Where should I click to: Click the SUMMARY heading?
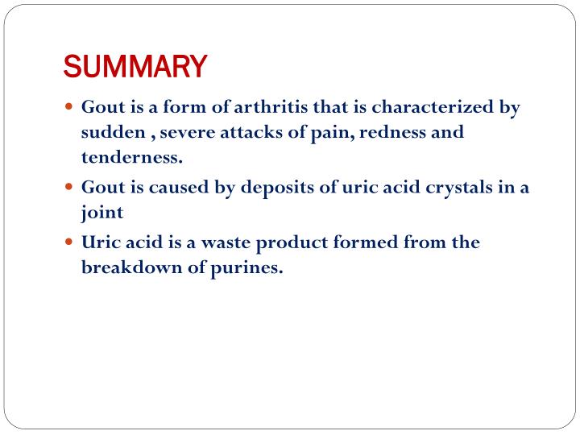click(135, 66)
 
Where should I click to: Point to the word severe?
click(168, 132)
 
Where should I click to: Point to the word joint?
click(101, 213)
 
